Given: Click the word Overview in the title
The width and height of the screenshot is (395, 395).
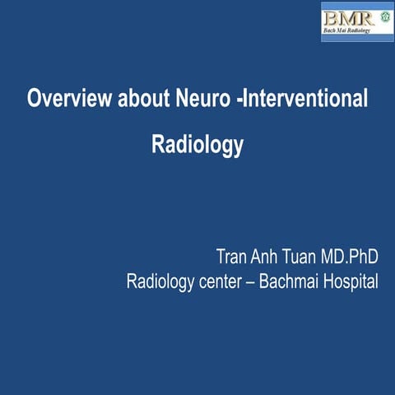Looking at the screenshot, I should coord(63,100).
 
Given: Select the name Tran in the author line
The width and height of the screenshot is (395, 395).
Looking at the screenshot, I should coord(232,254).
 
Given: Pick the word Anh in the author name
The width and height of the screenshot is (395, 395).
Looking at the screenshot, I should coord(267,254).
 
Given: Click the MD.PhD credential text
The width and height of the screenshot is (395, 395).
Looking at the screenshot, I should coord(351,254).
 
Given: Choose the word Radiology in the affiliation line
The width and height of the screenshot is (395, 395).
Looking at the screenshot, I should coord(162,281).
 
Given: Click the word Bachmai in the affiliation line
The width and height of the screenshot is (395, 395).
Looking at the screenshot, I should coord(286,281).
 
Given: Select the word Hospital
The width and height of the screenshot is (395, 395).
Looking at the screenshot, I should coord(350,281).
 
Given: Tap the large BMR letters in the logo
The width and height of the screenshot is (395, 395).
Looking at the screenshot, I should coord(347,16).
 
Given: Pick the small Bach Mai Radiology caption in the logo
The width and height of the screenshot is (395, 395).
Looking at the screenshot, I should coord(349,31).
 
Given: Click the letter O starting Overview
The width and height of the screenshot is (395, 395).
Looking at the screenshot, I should coord(34,100).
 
